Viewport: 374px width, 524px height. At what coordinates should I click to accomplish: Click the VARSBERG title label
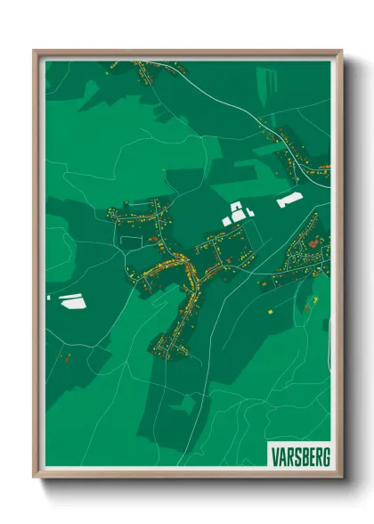(298, 454)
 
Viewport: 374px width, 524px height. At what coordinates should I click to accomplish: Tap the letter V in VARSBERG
(273, 454)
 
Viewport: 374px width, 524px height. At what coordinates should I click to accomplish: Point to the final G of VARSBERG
(325, 454)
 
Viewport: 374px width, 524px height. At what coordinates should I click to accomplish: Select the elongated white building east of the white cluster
(289, 201)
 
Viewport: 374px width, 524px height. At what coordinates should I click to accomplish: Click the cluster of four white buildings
(238, 213)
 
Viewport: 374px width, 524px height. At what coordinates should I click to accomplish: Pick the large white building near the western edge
(70, 300)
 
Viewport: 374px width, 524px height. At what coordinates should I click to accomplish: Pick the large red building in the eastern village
(311, 242)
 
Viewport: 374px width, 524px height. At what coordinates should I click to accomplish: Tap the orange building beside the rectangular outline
(152, 239)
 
